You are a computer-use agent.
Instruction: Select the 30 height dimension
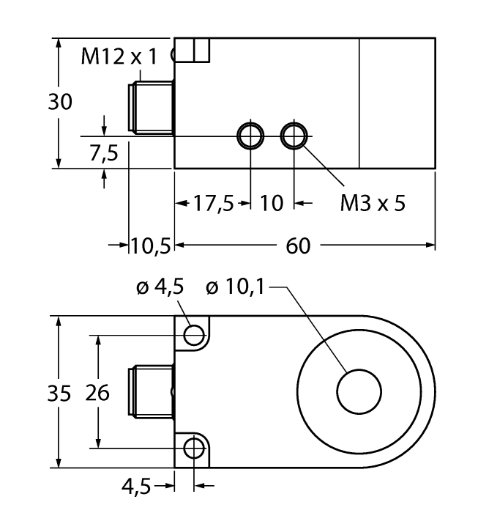[x=60, y=103]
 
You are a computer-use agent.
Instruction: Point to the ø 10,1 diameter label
[x=237, y=288]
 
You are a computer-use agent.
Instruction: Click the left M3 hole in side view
[x=250, y=136]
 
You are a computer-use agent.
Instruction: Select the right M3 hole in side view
[x=294, y=136]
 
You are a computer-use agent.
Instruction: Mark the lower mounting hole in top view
[x=194, y=448]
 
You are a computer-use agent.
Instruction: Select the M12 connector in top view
[x=149, y=392]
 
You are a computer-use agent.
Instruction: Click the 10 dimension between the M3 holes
[x=272, y=203]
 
